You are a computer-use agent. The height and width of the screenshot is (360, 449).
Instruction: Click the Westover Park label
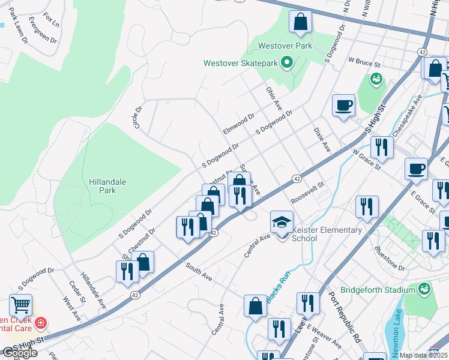click(x=277, y=46)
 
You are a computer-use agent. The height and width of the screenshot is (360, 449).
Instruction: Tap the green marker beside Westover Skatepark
click(x=287, y=62)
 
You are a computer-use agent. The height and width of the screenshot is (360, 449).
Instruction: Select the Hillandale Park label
click(x=102, y=185)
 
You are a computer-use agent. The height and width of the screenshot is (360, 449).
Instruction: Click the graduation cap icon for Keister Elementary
click(x=282, y=221)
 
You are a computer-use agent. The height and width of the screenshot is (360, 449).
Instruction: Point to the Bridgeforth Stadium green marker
click(x=425, y=289)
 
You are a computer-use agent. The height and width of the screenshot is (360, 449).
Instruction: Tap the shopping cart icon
click(x=21, y=305)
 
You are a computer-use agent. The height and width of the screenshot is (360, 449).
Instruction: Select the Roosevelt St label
click(x=307, y=194)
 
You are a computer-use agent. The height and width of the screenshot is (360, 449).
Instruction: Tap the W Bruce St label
click(x=364, y=62)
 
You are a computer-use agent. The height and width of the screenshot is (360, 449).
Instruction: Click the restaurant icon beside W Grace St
click(x=381, y=146)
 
